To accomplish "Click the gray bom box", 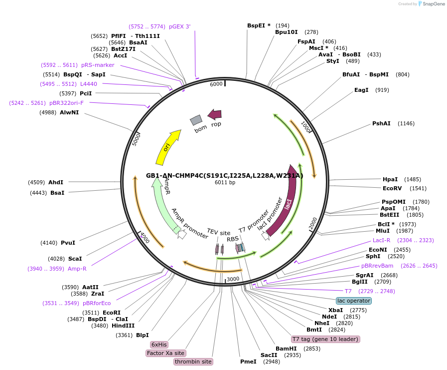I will point(196,120).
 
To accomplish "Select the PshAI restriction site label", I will point(382,123).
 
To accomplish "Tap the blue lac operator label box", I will point(354,301).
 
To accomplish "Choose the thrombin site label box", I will point(193,362).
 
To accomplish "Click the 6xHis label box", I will point(159,345).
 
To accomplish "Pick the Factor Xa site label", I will point(166,353).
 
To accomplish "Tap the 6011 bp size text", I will point(225,182).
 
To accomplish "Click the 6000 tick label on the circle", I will point(216,84).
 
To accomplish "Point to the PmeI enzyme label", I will point(248,362).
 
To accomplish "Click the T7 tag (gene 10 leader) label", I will point(325,339).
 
